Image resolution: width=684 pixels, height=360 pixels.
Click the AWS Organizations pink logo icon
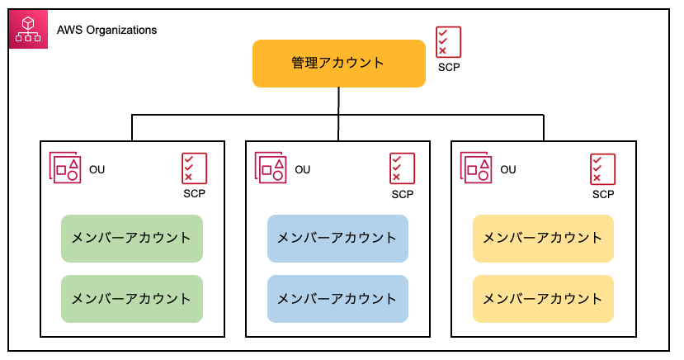point(28,29)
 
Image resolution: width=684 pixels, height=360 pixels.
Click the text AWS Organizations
point(107,30)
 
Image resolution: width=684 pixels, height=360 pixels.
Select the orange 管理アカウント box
point(339,64)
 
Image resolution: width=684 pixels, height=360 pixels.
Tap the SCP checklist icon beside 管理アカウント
point(449,42)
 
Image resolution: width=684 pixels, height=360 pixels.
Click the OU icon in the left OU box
point(65,168)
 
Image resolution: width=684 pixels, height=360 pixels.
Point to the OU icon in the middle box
point(271,168)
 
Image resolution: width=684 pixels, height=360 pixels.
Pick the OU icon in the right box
point(476,168)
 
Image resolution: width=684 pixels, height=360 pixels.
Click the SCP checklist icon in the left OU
point(194,168)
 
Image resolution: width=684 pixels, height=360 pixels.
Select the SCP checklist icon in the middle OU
point(402,168)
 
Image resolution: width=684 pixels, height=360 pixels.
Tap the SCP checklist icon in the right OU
point(603,169)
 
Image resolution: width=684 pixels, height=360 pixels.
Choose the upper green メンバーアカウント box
point(132,239)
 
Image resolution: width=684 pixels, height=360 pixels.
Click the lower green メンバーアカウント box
point(132,299)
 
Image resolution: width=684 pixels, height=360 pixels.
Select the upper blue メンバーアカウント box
point(337,239)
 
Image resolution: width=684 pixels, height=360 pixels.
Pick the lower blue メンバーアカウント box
point(337,299)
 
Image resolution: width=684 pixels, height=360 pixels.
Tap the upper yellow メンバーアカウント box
point(544,239)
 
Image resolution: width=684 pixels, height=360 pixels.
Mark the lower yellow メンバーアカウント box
point(544,299)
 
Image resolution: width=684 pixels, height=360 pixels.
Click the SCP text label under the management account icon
point(449,67)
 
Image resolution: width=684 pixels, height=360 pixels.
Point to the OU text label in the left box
point(97,170)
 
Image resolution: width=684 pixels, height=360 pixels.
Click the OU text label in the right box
point(508,170)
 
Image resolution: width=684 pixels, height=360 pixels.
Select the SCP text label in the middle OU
point(402,195)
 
